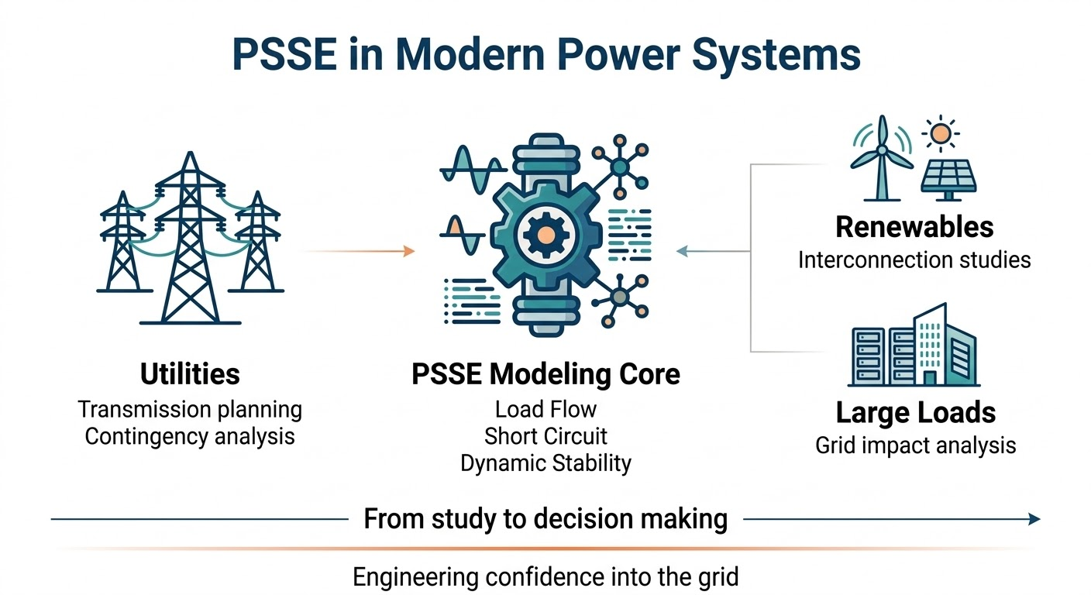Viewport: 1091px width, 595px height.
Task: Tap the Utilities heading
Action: tap(190, 374)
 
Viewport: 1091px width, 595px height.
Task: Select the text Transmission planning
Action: tap(190, 409)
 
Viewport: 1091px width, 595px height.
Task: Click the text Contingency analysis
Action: tap(190, 436)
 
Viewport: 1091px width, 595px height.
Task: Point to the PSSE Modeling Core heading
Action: tap(545, 374)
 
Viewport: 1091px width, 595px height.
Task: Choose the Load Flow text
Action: tap(545, 409)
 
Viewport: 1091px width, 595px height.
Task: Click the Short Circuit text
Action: tap(545, 436)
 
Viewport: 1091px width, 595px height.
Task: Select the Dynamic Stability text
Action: tap(545, 463)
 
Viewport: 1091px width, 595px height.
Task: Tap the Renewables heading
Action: tap(914, 227)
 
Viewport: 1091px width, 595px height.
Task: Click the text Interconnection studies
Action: tap(914, 259)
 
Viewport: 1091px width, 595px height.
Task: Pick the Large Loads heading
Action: tap(915, 413)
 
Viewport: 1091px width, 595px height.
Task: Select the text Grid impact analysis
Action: tap(915, 445)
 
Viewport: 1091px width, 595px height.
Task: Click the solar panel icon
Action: tap(948, 177)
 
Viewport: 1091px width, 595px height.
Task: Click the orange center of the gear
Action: tap(545, 232)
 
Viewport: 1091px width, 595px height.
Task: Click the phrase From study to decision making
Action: tap(545, 519)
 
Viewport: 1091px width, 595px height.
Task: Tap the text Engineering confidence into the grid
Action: tap(545, 576)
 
